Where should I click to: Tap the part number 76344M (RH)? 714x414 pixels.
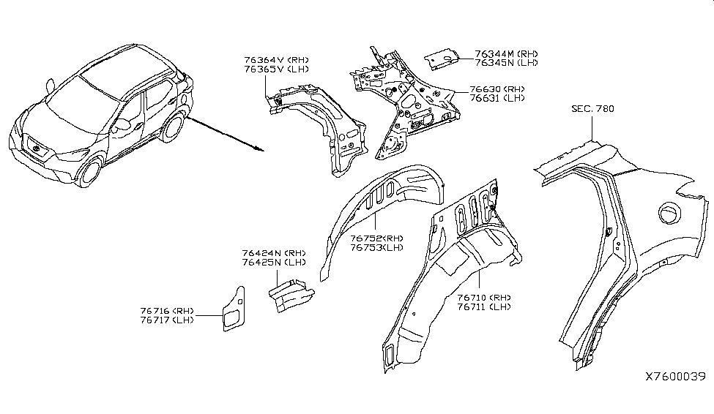coord(506,53)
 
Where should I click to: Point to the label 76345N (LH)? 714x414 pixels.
coord(506,63)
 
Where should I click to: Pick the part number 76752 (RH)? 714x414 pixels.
coord(376,238)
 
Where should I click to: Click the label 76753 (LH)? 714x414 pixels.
coord(376,247)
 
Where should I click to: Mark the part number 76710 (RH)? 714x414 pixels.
coord(483,298)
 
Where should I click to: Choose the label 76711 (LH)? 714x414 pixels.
coord(483,307)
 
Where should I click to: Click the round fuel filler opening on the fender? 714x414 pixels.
coord(669,213)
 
